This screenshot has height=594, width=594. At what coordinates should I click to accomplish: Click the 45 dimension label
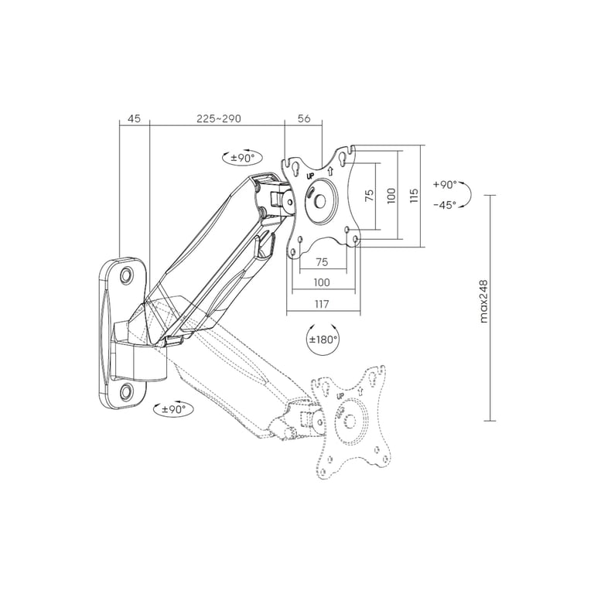[x=134, y=118]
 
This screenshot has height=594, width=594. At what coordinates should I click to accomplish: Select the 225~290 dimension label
[x=219, y=118]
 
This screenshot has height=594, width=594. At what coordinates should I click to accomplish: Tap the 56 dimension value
[x=304, y=118]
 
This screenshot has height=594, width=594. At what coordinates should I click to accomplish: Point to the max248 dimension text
[x=483, y=302]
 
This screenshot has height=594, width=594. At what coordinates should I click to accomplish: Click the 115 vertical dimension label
[x=414, y=196]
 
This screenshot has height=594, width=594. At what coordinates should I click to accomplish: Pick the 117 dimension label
[x=322, y=304]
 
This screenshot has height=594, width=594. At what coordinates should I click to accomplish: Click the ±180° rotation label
[x=323, y=339]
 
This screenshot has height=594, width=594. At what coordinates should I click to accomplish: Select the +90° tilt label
[x=445, y=185]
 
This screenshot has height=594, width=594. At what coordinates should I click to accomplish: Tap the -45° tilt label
[x=445, y=205]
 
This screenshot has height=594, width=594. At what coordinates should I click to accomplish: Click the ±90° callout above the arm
[x=241, y=158]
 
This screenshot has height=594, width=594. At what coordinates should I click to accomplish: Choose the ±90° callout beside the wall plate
[x=174, y=409]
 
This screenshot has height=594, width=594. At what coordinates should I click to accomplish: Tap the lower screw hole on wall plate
[x=126, y=391]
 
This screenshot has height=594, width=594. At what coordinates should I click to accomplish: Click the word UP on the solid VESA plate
[x=310, y=176]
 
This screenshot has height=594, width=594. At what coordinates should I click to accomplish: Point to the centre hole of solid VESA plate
[x=319, y=201]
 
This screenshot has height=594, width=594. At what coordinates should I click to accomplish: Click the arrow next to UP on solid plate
[x=329, y=171]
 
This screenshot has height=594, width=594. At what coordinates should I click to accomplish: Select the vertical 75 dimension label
[x=370, y=195]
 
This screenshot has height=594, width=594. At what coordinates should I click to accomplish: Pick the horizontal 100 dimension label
[x=322, y=282]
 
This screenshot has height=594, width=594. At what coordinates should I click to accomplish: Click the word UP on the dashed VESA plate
[x=340, y=396]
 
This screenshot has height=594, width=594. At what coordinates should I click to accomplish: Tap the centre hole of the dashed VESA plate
[x=350, y=422]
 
